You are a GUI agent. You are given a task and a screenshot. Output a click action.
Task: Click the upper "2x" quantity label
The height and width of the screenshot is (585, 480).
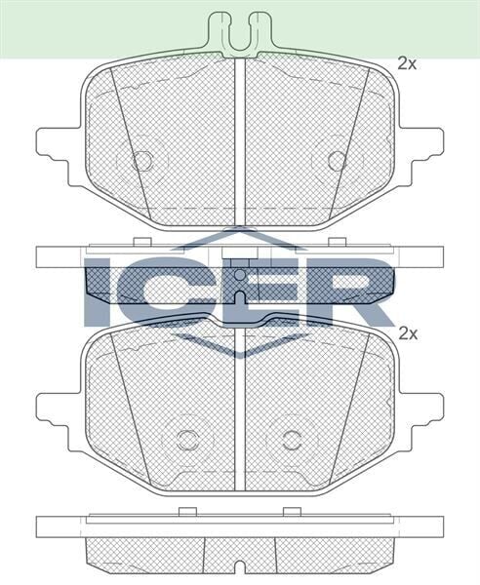408,64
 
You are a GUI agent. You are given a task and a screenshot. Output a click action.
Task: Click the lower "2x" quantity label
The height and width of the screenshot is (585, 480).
408,332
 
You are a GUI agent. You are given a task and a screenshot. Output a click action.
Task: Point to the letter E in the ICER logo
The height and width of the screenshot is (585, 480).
253,292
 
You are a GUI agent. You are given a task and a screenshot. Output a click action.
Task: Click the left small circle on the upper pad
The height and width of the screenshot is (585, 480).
143,160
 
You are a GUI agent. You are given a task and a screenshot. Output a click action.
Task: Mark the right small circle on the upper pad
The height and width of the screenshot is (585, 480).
337,160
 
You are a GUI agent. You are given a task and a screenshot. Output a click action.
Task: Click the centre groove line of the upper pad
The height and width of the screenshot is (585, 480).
240,136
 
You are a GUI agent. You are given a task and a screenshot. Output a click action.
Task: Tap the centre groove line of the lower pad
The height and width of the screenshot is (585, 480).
240,409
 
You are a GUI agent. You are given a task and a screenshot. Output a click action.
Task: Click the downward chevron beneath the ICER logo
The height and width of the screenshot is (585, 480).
240,347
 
